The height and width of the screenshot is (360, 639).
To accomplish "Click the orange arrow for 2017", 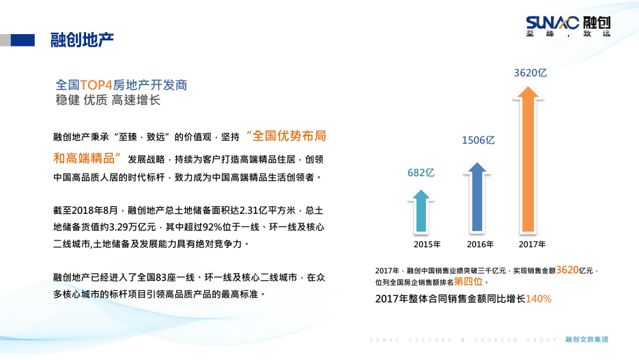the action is click(x=528, y=160).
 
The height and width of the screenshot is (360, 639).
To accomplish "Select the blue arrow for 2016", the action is click(x=477, y=197).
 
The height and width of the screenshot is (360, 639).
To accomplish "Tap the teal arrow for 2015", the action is click(x=421, y=211).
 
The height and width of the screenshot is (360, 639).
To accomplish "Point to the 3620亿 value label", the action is click(x=530, y=73).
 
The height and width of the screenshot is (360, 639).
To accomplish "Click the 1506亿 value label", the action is click(x=478, y=140).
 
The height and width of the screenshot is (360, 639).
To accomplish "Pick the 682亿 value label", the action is click(x=421, y=173).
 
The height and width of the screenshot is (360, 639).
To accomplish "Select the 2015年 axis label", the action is click(x=427, y=245).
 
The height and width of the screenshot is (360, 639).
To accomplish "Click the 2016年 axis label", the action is click(x=480, y=245).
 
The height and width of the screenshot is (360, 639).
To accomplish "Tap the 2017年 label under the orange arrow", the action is click(x=532, y=245).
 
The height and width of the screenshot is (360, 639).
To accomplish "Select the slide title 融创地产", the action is click(x=82, y=40).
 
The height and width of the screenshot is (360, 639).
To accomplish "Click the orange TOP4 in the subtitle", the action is click(x=96, y=85).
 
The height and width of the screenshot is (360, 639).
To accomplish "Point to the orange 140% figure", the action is click(x=539, y=299).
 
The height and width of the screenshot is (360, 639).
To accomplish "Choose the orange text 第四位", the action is click(x=468, y=281).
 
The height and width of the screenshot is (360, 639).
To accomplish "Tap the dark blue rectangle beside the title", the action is click(x=23, y=40).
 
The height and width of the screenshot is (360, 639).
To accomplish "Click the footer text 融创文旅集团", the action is click(x=587, y=340).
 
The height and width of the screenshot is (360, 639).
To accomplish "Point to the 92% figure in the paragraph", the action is click(x=212, y=227).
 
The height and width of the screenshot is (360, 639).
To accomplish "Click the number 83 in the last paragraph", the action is click(x=161, y=277).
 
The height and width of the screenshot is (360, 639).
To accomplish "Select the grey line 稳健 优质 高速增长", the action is click(x=108, y=100).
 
